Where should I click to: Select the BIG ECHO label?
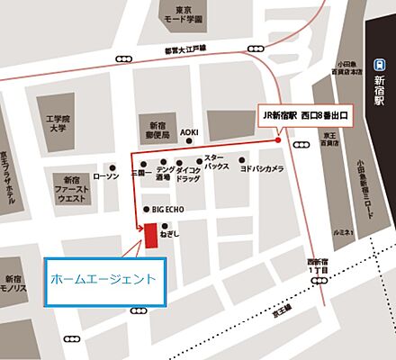tap(168, 210)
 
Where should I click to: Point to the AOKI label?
tap(188, 132)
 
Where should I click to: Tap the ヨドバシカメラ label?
tap(262, 169)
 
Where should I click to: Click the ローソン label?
tap(106, 176)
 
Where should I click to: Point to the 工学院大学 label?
tap(58, 124)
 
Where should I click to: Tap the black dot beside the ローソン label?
tap(111, 167)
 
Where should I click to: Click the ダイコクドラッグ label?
tap(188, 175)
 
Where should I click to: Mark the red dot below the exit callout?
tap(278, 140)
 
